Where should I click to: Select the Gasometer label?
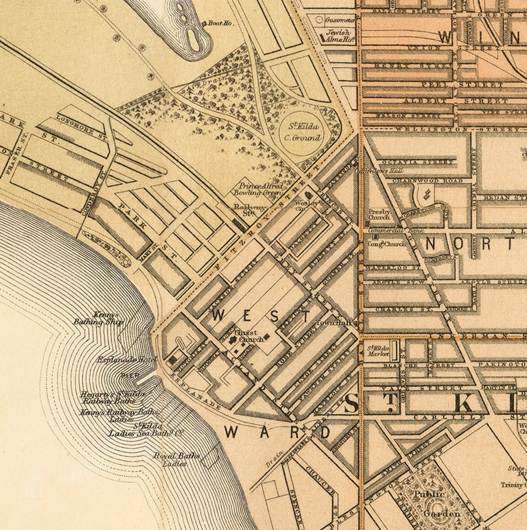coord(340,20)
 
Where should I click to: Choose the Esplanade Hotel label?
coord(127,360)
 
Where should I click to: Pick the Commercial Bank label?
coord(386,230)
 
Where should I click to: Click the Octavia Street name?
coord(417,162)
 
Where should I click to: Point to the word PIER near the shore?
coord(130,375)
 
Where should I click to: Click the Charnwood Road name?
coord(428,180)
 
